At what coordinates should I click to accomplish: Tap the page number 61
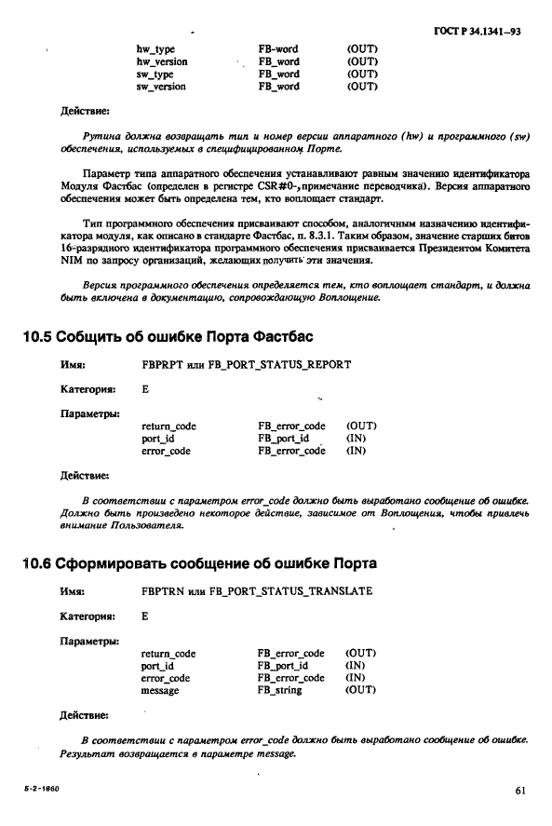tap(519, 792)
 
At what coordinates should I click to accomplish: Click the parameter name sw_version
tap(161, 87)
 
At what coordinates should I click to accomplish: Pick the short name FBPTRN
tap(162, 590)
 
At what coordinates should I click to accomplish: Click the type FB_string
tap(279, 690)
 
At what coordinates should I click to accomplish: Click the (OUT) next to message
tap(359, 690)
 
